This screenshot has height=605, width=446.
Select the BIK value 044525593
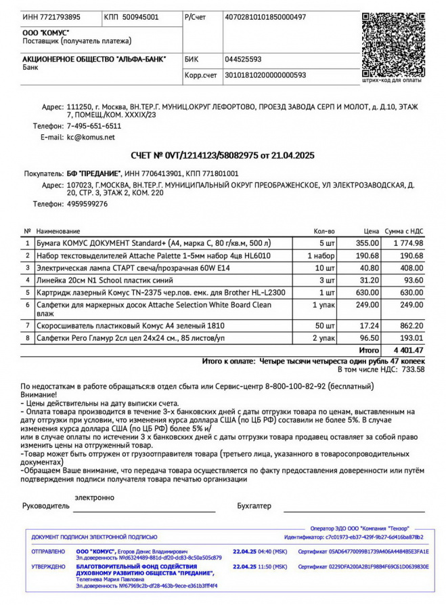[243, 60]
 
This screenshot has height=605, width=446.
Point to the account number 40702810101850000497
[265, 17]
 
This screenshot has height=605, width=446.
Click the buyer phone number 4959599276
[87, 203]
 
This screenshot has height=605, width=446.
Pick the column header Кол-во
[324, 232]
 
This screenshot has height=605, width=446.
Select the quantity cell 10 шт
[326, 268]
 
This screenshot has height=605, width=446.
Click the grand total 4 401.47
[407, 350]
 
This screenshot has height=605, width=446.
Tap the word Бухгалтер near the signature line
[254, 505]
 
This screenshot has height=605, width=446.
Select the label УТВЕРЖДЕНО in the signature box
[48, 566]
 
